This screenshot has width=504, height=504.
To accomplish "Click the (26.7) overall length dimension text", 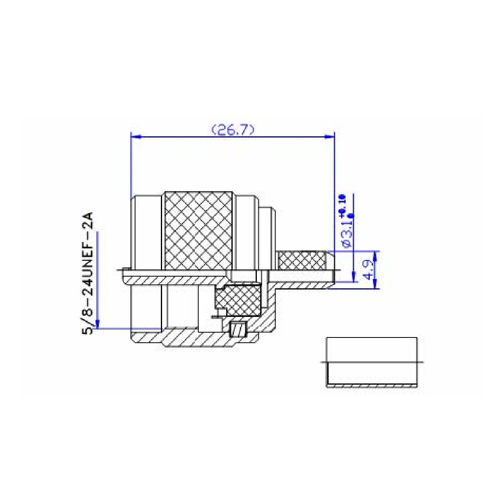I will (x=233, y=130).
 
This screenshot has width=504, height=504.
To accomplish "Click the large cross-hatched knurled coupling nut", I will (x=199, y=230).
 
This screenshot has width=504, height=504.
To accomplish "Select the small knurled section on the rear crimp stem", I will (x=302, y=260).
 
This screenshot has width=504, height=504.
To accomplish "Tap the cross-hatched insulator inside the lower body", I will (x=238, y=300).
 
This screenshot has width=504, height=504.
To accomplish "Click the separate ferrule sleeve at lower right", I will (x=372, y=362).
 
